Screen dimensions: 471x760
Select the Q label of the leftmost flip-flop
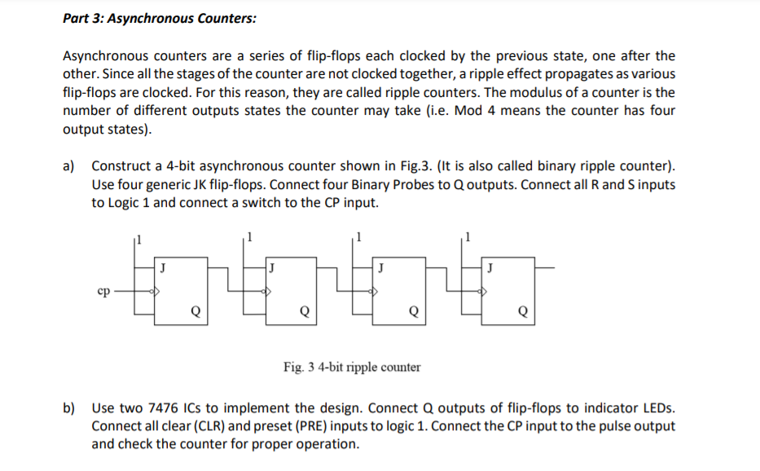pos(193,310)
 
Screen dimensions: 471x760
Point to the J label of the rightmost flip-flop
pos(490,266)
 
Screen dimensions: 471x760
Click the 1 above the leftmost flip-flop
pos(138,239)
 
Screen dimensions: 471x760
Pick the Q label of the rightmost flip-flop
pos(523,310)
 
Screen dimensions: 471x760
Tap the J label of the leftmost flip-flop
pos(163,266)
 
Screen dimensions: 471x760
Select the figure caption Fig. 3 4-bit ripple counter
pos(352,367)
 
